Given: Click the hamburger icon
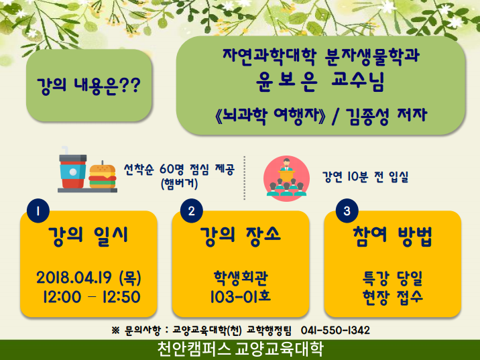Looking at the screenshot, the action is [103, 176].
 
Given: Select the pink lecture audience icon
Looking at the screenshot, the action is [286, 178].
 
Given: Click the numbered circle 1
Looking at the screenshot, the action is [38, 211].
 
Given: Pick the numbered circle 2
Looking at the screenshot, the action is [192, 211].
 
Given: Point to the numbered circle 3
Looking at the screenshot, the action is [347, 211].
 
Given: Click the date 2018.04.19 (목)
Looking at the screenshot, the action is [88, 278].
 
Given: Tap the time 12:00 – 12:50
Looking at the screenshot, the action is [91, 296].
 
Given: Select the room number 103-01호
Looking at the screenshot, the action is [241, 296].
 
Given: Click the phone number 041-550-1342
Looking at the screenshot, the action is [335, 330].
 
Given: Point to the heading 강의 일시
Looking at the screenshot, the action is [88, 236].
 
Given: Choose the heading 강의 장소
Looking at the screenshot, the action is [240, 236].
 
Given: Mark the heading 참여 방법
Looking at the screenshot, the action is [392, 236].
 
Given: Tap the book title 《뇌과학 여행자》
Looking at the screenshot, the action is [271, 117].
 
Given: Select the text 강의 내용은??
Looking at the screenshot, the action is [88, 85].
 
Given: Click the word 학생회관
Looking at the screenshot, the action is [241, 278].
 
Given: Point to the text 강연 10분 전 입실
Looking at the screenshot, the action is [365, 176].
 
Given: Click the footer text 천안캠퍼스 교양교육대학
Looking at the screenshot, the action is [240, 349].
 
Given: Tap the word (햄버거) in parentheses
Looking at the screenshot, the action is [180, 183].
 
